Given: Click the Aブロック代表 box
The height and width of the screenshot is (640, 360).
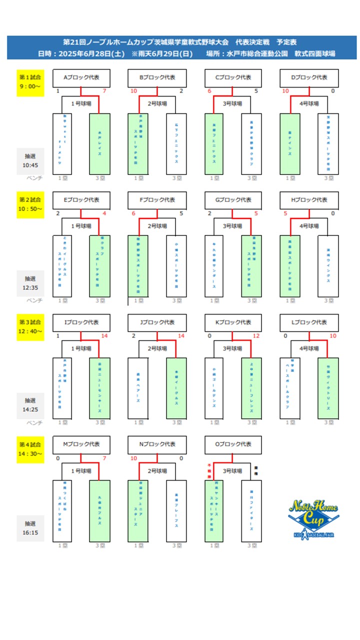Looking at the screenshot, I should coord(81,77).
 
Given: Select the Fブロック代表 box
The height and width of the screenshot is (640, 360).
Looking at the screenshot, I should coord(157,199).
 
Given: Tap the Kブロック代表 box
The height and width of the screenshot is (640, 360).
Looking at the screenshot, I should coord(233,322).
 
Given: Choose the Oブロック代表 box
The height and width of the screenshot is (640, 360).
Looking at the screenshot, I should coord(233,444).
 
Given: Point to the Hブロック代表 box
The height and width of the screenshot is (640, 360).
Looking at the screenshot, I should coord(309,199).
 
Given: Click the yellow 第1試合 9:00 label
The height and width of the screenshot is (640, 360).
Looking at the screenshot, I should coord(30,82).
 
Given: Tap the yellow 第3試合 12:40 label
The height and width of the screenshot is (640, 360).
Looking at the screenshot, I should coord(30,326).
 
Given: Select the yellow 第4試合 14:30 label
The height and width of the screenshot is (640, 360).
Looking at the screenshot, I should coord(30,449).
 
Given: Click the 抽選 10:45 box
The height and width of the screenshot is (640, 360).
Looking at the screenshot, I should coord(30,160).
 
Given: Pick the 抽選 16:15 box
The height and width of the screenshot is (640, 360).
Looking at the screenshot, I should coord(30,528).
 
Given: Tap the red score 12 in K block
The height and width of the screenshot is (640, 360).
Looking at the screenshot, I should coord(256,336).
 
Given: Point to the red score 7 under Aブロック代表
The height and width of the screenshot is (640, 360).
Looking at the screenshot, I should coord(104,91).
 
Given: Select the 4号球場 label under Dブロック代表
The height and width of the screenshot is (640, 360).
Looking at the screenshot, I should coord(309,103).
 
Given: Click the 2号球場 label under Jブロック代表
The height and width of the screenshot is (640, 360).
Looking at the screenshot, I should coord(157,348).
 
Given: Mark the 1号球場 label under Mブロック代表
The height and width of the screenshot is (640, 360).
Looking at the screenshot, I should coord(81,470).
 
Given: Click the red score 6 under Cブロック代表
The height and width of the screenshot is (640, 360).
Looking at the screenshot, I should coord(209,91).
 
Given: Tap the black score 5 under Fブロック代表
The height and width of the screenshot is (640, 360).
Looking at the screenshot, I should coord(181,213).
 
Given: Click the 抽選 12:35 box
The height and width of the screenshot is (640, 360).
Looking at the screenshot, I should coord(30,282).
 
